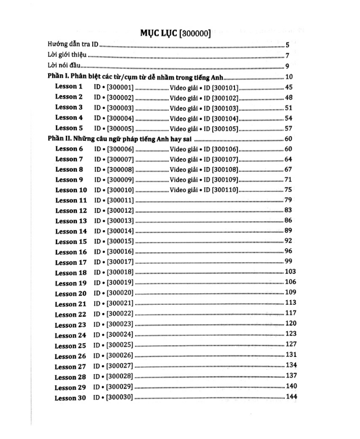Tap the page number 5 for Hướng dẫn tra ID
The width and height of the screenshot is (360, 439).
coord(287,45)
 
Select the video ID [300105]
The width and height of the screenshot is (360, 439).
coord(223,129)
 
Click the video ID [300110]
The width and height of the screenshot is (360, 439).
coord(223,190)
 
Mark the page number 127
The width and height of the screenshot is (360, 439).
coord(290,345)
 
